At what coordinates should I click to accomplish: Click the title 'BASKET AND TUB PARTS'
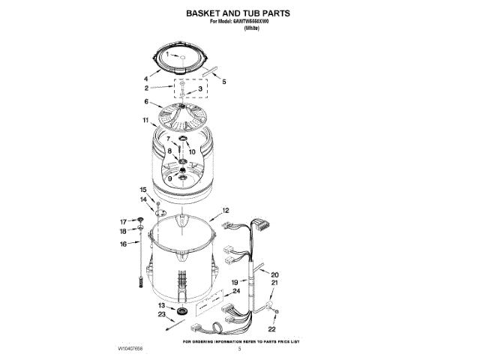(x=238, y=13)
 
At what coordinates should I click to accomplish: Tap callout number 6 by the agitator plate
(x=146, y=102)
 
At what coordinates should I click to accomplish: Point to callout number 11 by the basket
(x=145, y=120)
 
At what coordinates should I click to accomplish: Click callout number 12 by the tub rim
(x=225, y=211)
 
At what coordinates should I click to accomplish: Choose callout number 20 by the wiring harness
(x=274, y=275)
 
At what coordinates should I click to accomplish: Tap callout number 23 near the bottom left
(x=161, y=315)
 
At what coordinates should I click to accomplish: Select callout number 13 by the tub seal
(x=161, y=305)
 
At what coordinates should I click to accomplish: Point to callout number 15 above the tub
(x=143, y=190)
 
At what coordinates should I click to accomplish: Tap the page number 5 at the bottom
(x=239, y=349)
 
